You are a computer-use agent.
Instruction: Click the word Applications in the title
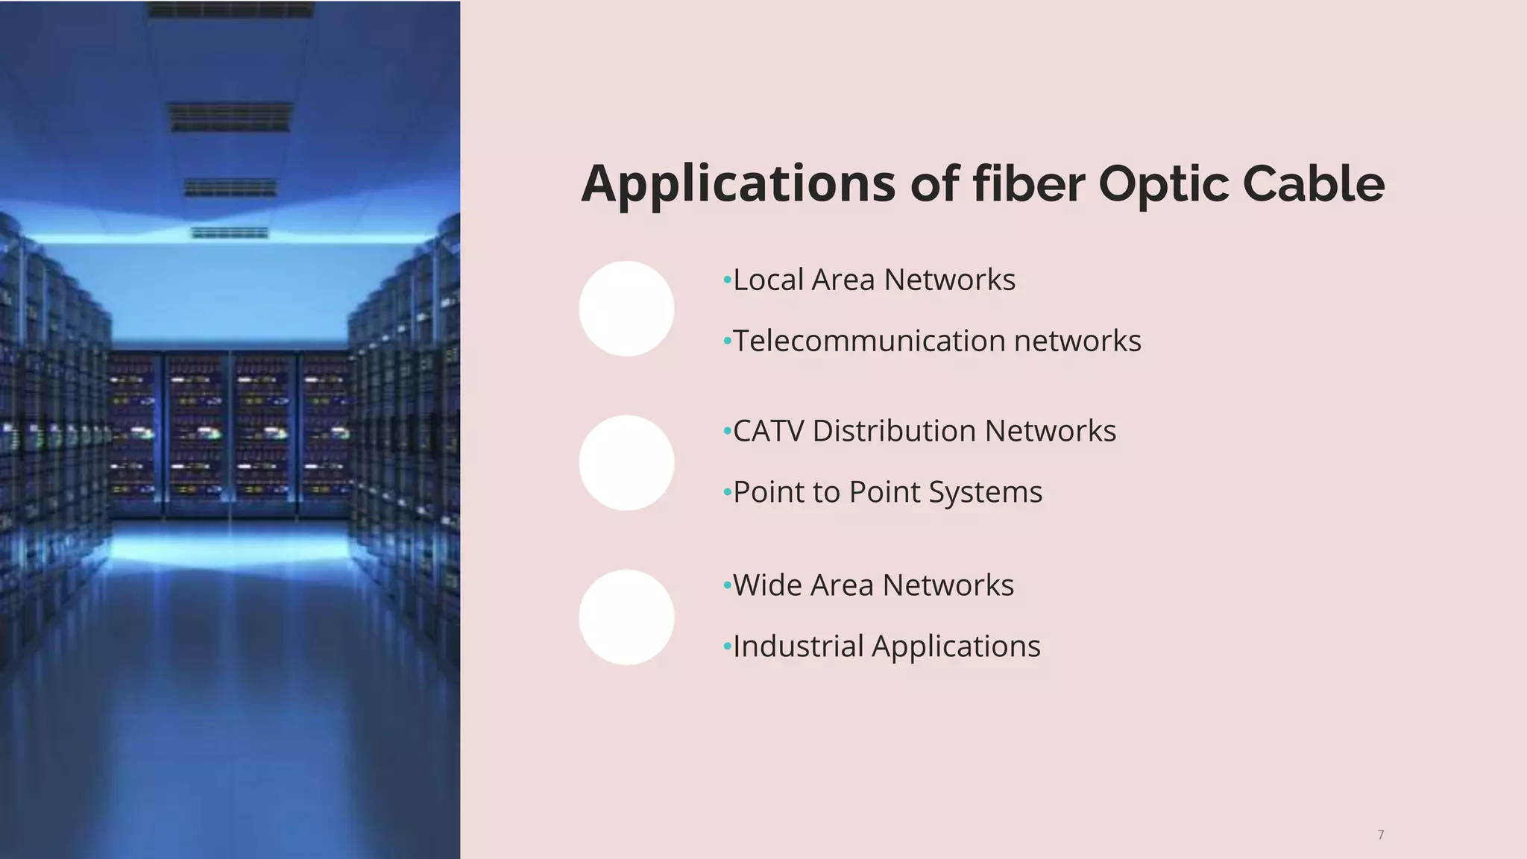click(737, 184)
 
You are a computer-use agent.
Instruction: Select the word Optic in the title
click(1162, 184)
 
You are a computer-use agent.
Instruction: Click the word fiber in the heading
click(1028, 184)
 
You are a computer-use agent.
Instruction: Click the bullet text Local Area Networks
click(874, 280)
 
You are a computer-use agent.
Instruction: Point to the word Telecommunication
click(869, 342)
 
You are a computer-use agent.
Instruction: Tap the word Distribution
click(894, 432)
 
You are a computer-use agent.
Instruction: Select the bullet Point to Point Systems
click(887, 493)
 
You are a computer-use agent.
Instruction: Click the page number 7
click(1381, 834)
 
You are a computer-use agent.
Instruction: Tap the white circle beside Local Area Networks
click(626, 309)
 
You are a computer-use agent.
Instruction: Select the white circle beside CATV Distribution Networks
click(626, 463)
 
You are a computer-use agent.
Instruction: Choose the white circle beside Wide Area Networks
click(626, 617)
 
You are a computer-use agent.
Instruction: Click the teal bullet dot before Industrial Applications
click(727, 647)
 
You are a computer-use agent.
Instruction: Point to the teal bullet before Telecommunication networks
click(727, 342)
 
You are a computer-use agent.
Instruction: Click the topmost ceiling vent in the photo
click(230, 10)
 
